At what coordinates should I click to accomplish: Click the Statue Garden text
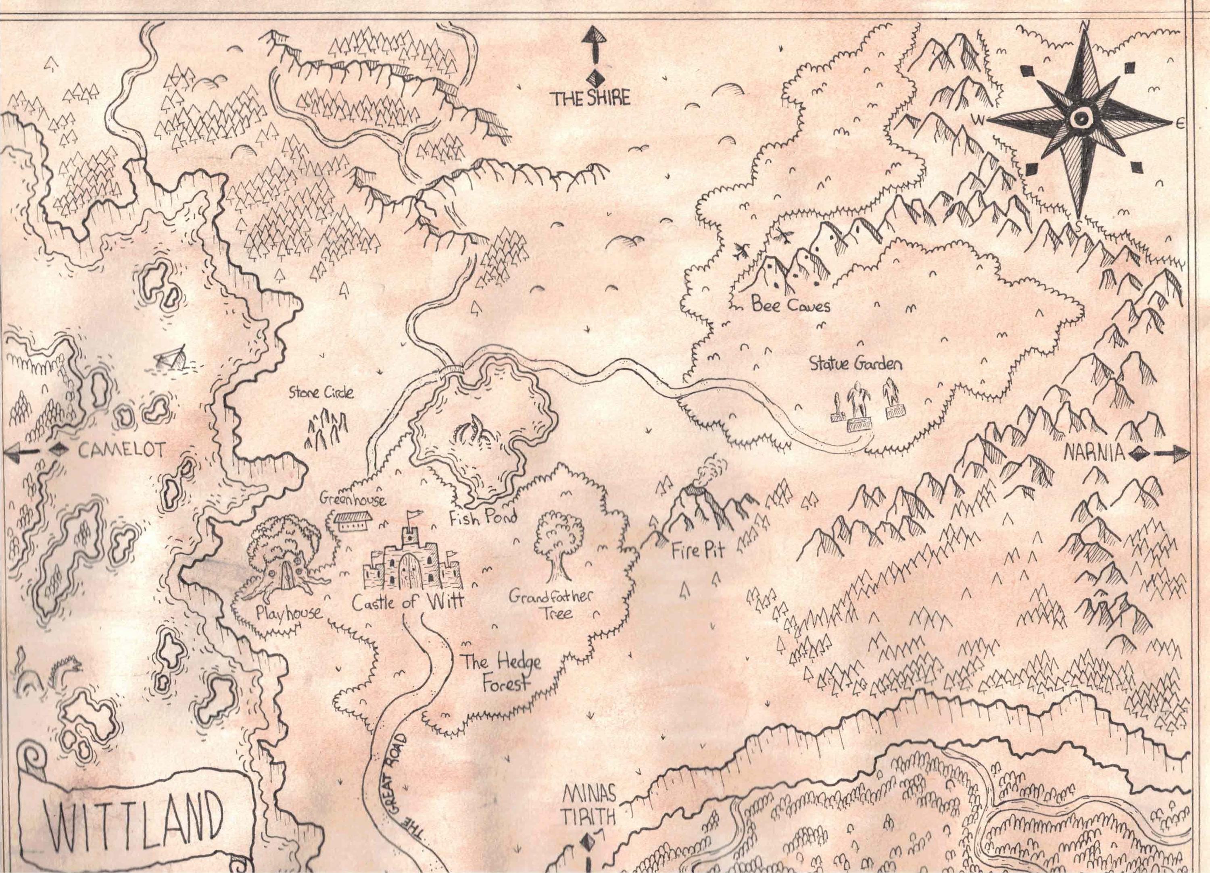click(x=855, y=364)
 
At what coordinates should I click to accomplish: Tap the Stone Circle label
click(x=321, y=393)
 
